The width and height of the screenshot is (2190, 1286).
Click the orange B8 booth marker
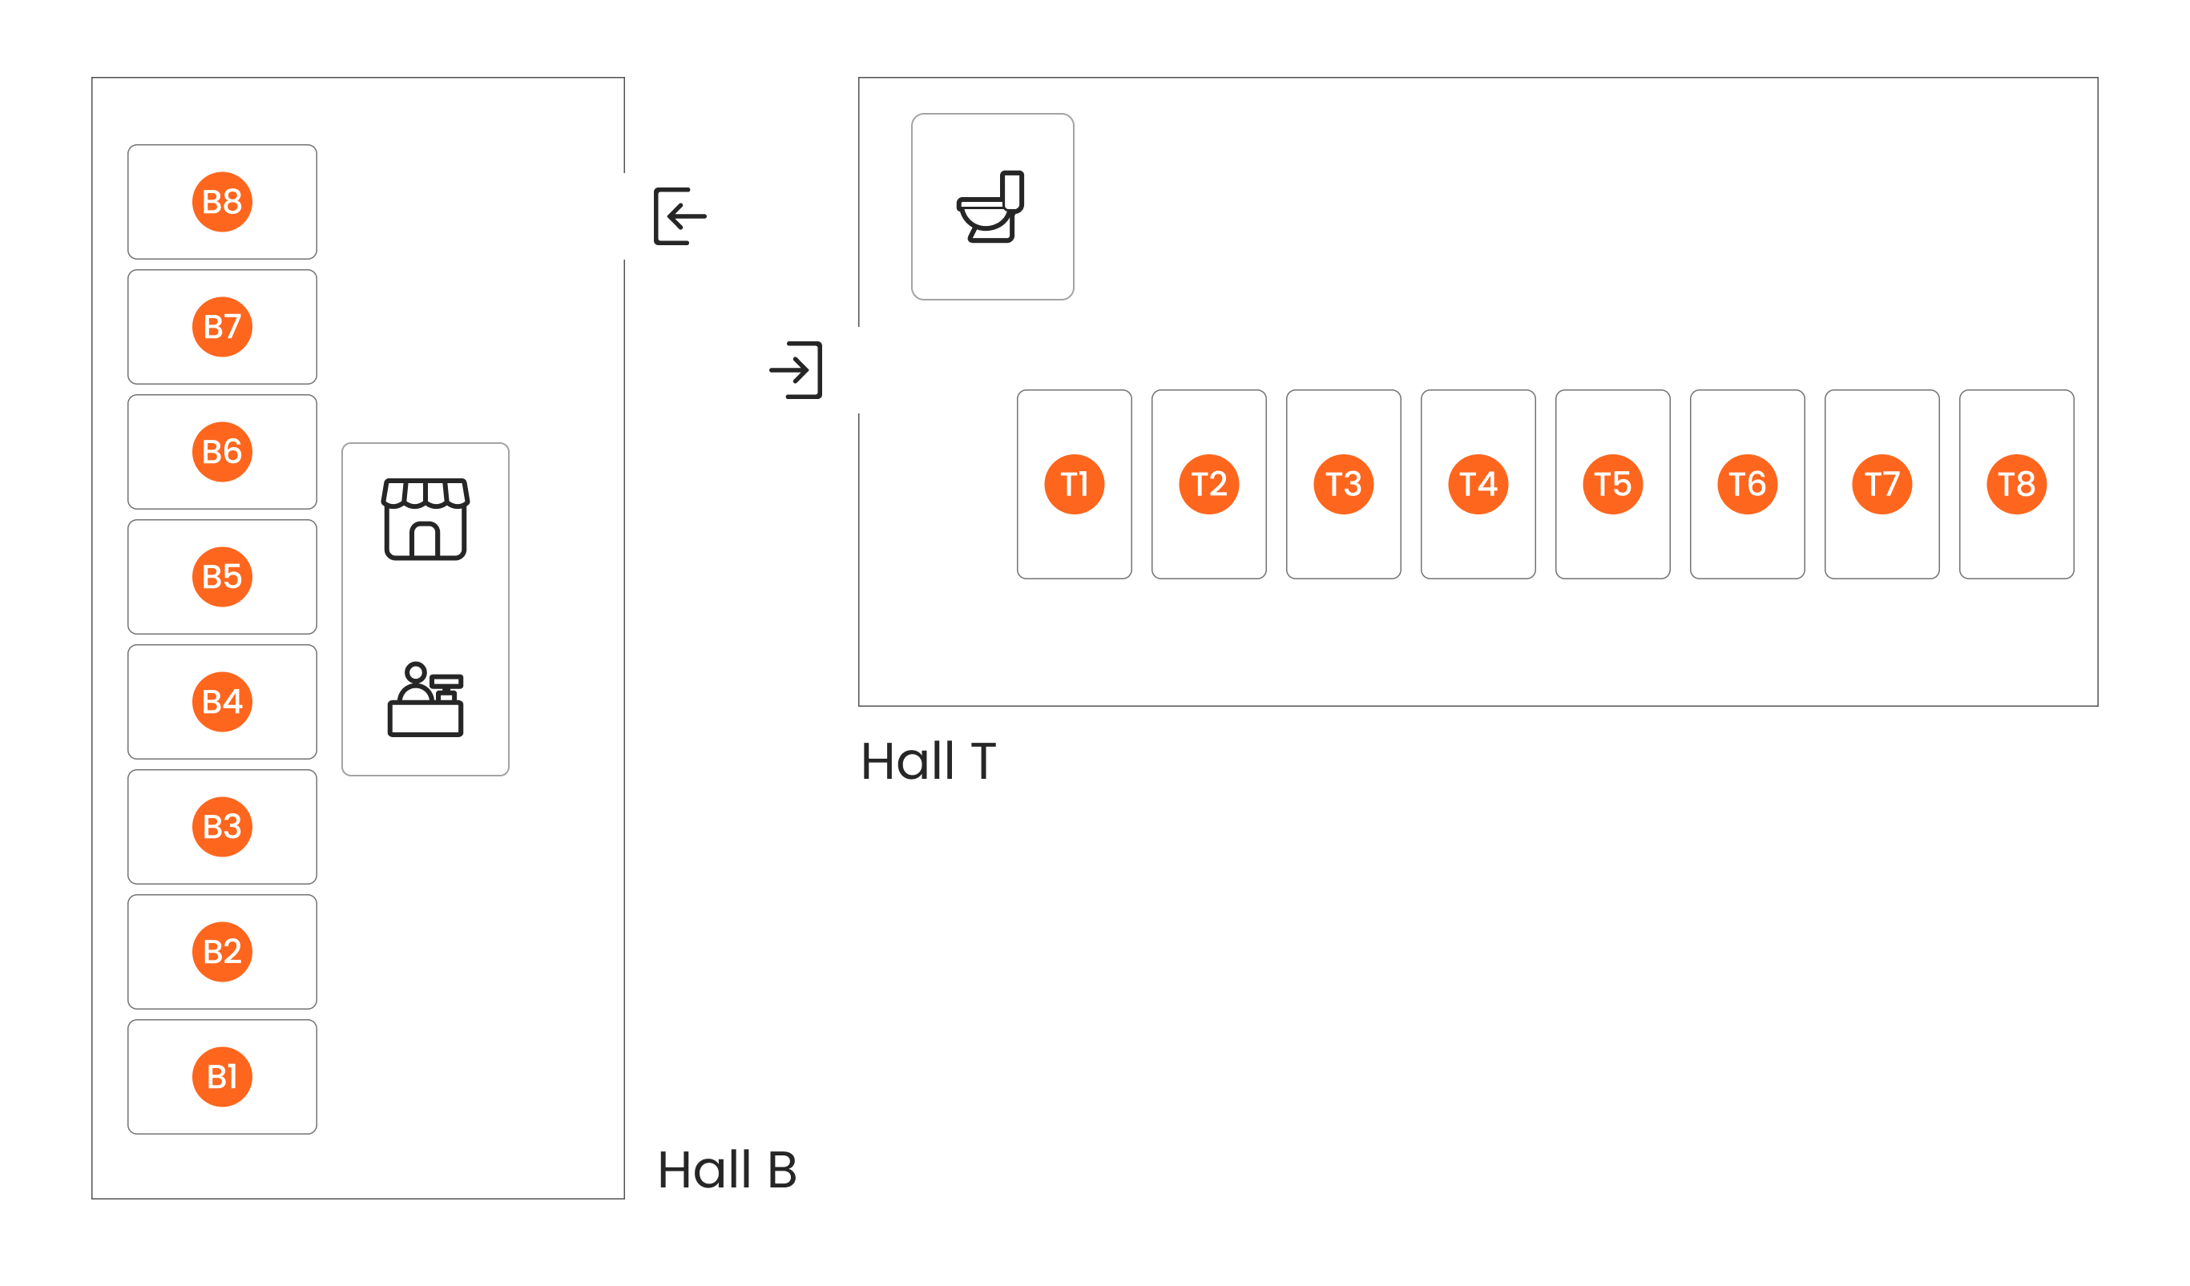[223, 202]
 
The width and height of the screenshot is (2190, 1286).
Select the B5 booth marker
[223, 577]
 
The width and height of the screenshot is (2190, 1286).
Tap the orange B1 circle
[223, 1077]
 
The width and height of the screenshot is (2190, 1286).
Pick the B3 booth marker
[223, 827]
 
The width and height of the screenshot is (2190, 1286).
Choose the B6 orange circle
[223, 452]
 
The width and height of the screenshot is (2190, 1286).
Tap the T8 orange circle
[2016, 484]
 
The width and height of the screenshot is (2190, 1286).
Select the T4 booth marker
[1478, 484]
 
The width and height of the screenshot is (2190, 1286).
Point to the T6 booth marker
[1748, 484]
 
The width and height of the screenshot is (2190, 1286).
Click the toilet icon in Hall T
[990, 207]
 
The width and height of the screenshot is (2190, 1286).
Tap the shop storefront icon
[425, 518]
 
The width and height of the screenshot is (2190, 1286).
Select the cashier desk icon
[425, 699]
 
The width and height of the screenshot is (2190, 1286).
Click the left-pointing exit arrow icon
[680, 216]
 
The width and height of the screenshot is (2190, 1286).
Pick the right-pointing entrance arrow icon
[795, 370]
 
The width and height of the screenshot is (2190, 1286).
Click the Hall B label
[728, 1170]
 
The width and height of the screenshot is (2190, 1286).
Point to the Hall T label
[928, 761]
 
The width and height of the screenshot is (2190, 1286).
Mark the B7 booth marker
[223, 327]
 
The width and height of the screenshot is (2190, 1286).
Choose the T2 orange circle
[1209, 484]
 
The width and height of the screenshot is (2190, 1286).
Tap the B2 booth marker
[223, 951]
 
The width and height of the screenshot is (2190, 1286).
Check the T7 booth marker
[1882, 484]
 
